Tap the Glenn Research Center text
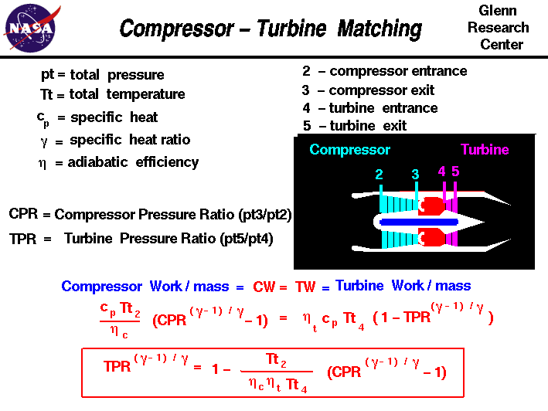pos(502,28)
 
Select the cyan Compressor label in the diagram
pos(349,150)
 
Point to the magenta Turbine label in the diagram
pos(485,150)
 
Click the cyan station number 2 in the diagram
pos(380,175)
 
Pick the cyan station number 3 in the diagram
pos(415,175)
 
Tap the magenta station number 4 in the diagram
pos(442,172)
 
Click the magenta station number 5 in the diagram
pos(455,172)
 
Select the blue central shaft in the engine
pos(418,222)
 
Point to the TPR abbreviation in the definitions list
pos(23,239)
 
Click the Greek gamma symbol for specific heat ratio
pos(44,141)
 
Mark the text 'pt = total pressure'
pos(102,75)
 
